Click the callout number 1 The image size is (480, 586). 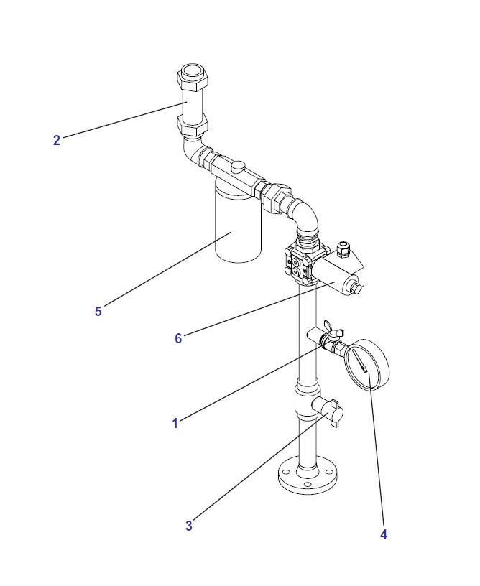[175, 424]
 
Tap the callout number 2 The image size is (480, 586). [57, 140]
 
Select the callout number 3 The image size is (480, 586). [189, 526]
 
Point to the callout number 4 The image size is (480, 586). [384, 534]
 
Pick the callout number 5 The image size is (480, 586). [98, 312]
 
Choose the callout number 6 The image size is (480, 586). [178, 338]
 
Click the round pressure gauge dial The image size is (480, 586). [367, 364]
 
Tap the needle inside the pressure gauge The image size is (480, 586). [361, 363]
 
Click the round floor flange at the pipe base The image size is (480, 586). [308, 479]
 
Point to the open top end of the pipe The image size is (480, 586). [192, 71]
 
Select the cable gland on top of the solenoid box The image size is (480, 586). [343, 249]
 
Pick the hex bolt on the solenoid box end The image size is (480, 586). [355, 289]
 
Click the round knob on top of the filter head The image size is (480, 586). [238, 167]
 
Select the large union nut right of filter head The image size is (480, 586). [277, 197]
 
